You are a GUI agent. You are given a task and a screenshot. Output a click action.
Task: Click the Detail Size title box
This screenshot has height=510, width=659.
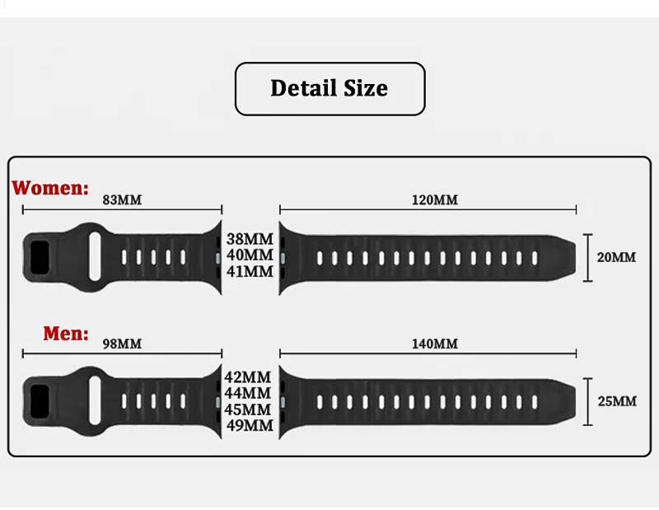(x=329, y=88)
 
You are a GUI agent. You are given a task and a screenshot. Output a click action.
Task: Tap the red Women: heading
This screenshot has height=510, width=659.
(x=50, y=188)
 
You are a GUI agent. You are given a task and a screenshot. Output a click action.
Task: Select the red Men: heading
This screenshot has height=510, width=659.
(x=66, y=334)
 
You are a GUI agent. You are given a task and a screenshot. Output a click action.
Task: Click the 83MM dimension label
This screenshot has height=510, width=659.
(x=122, y=199)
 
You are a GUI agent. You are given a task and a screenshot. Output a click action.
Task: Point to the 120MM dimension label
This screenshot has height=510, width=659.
(x=434, y=200)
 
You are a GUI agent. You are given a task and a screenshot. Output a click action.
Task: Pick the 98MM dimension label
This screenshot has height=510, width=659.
(x=122, y=344)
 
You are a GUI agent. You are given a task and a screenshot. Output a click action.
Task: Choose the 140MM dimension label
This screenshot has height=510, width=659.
(x=434, y=344)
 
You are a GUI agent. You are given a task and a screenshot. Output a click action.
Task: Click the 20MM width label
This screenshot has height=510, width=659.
(x=616, y=257)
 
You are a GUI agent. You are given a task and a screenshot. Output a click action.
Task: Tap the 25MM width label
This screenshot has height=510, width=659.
(x=616, y=401)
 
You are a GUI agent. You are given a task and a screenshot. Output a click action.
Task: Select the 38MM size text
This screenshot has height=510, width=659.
(x=249, y=239)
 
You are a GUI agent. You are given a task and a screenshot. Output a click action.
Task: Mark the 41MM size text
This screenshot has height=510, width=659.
(x=249, y=270)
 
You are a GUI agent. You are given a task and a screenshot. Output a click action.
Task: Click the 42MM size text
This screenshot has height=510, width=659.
(x=249, y=377)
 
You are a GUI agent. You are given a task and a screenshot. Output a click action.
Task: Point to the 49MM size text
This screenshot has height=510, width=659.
(x=249, y=425)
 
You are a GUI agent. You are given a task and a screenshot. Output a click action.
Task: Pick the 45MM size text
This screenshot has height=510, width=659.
(x=249, y=409)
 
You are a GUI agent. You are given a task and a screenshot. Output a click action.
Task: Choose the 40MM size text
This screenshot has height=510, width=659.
(x=249, y=255)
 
